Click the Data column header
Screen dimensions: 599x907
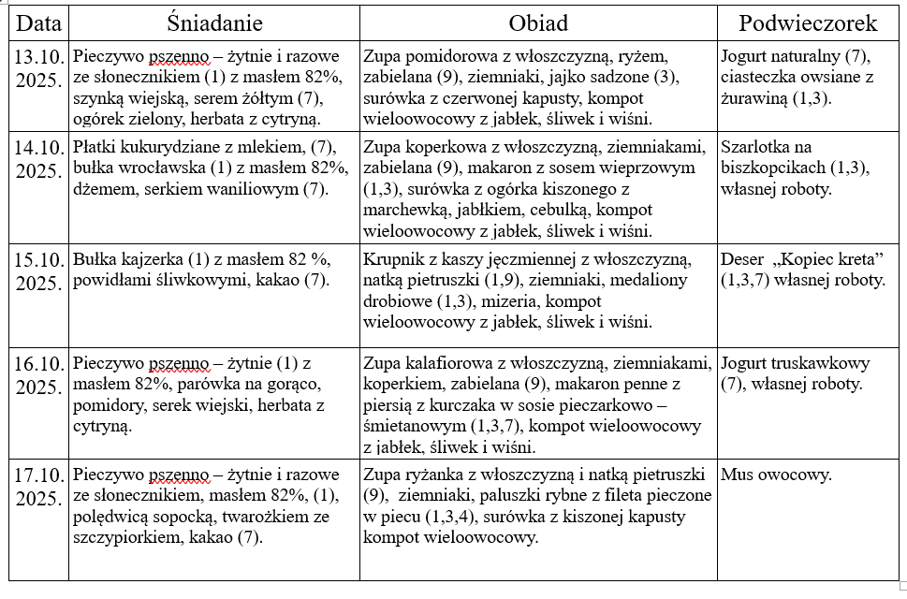click(37, 22)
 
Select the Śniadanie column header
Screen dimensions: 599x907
click(214, 22)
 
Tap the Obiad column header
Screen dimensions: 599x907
click(537, 22)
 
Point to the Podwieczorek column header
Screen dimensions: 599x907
click(807, 22)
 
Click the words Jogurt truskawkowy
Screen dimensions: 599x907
click(795, 362)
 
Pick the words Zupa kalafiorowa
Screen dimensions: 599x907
click(421, 362)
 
